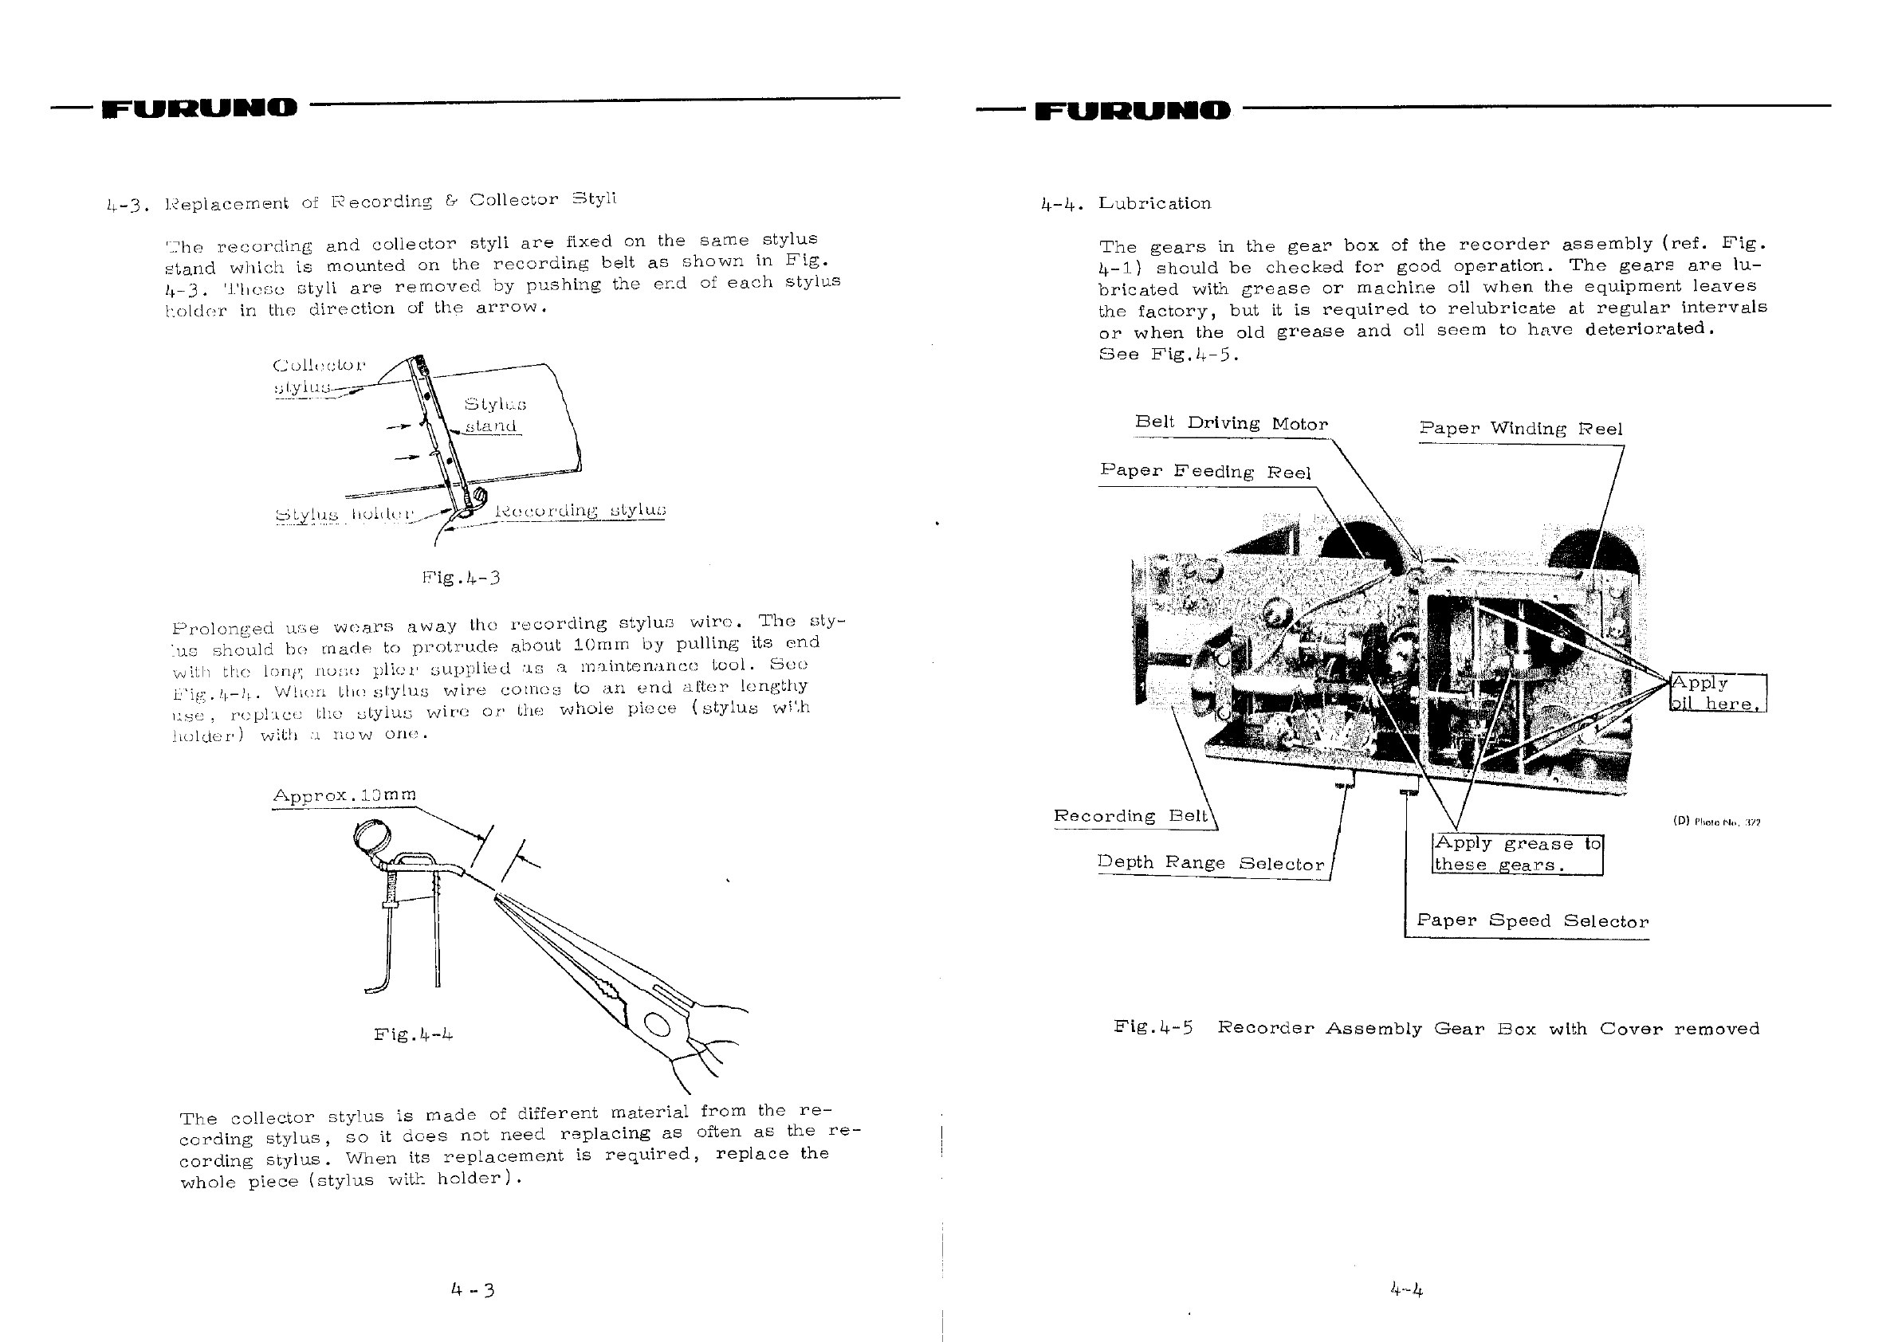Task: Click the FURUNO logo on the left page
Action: click(198, 108)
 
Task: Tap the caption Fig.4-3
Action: click(461, 577)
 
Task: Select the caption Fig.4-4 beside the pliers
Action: click(414, 1034)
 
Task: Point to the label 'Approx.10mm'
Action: click(344, 795)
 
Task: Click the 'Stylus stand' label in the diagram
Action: click(494, 415)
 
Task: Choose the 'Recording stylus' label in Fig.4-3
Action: click(580, 510)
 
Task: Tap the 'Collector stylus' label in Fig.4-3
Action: click(318, 376)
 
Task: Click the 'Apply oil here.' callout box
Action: click(1717, 693)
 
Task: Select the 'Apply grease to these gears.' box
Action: click(1517, 854)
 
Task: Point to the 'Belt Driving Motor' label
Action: click(1231, 423)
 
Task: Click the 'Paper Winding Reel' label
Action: click(1520, 428)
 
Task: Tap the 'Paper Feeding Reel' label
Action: click(1205, 471)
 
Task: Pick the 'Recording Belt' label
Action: click(1130, 815)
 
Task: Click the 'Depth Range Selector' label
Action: click(1210, 863)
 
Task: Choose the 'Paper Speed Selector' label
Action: click(1532, 920)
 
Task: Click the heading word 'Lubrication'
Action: click(1154, 203)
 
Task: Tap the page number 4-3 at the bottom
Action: click(472, 1289)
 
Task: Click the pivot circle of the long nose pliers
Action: click(658, 1025)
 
